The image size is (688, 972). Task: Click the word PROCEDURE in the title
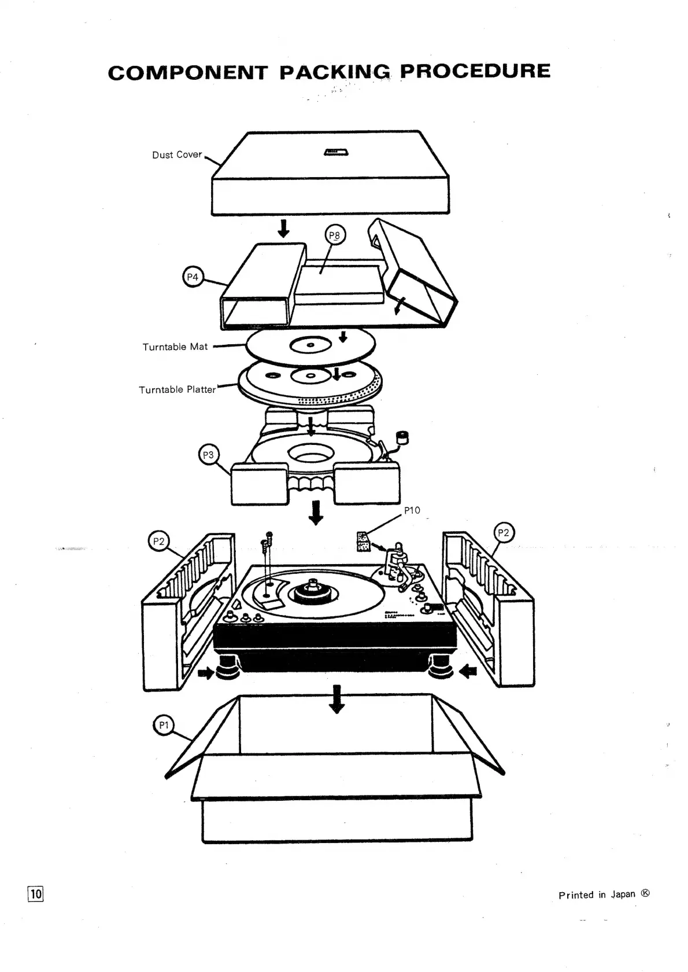pyautogui.click(x=475, y=71)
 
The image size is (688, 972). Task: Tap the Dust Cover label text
pyautogui.click(x=177, y=155)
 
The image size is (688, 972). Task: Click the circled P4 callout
pyautogui.click(x=193, y=278)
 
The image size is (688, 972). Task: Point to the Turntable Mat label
pyautogui.click(x=175, y=347)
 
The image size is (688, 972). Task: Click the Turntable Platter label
pyautogui.click(x=177, y=390)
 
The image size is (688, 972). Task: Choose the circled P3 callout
pyautogui.click(x=208, y=455)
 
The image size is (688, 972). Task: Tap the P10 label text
pyautogui.click(x=412, y=510)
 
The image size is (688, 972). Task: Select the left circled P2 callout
pyautogui.click(x=158, y=542)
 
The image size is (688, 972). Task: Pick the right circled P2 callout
pyautogui.click(x=504, y=533)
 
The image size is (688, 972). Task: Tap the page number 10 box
pyautogui.click(x=36, y=894)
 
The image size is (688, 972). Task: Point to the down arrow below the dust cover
pyautogui.click(x=283, y=230)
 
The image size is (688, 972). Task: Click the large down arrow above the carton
pyautogui.click(x=336, y=699)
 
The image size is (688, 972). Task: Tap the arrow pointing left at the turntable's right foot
pyautogui.click(x=468, y=671)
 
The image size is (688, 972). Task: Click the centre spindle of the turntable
pyautogui.click(x=312, y=586)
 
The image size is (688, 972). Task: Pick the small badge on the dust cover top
pyautogui.click(x=335, y=152)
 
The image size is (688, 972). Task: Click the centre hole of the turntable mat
pyautogui.click(x=311, y=345)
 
